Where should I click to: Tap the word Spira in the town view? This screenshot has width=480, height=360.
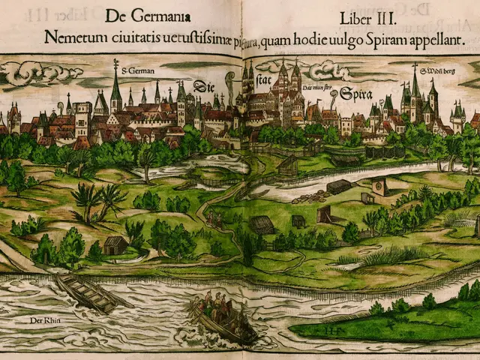pos(355,94)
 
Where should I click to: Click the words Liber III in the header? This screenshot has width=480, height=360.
pos(373,16)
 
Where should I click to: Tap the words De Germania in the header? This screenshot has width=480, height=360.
pos(148,16)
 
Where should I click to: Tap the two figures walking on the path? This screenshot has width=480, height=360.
pos(214,219)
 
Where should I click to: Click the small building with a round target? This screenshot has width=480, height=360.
pos(379,187)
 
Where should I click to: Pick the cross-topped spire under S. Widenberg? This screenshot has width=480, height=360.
pos(414,86)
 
